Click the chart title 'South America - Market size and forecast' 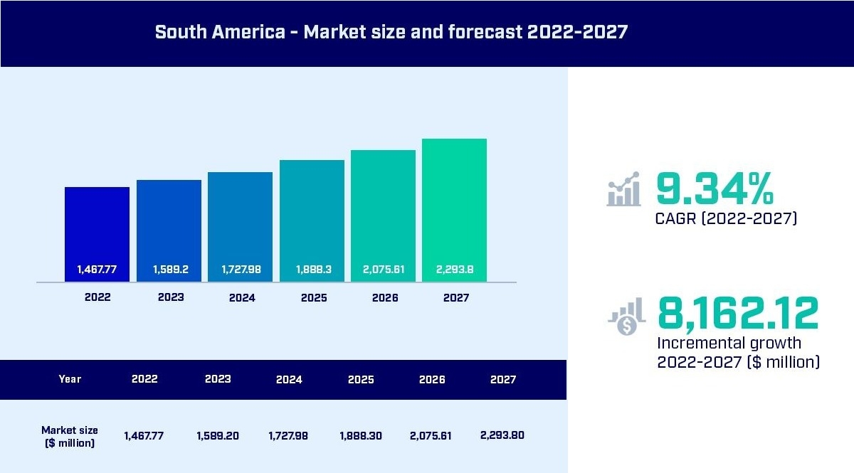(391, 32)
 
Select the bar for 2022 (97, 228)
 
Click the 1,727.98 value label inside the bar (241, 270)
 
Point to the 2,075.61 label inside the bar (384, 270)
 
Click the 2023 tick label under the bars (171, 297)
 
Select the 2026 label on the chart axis (385, 298)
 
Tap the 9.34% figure (714, 189)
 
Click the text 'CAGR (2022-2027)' (726, 218)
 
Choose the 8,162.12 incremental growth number (737, 313)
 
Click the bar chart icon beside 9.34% (623, 189)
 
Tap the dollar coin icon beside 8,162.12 (626, 318)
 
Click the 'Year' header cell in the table (70, 379)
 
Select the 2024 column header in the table (289, 379)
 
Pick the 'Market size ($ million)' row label (70, 436)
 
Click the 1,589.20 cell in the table (218, 435)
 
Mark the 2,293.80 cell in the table (502, 435)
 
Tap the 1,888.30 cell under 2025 (360, 435)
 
